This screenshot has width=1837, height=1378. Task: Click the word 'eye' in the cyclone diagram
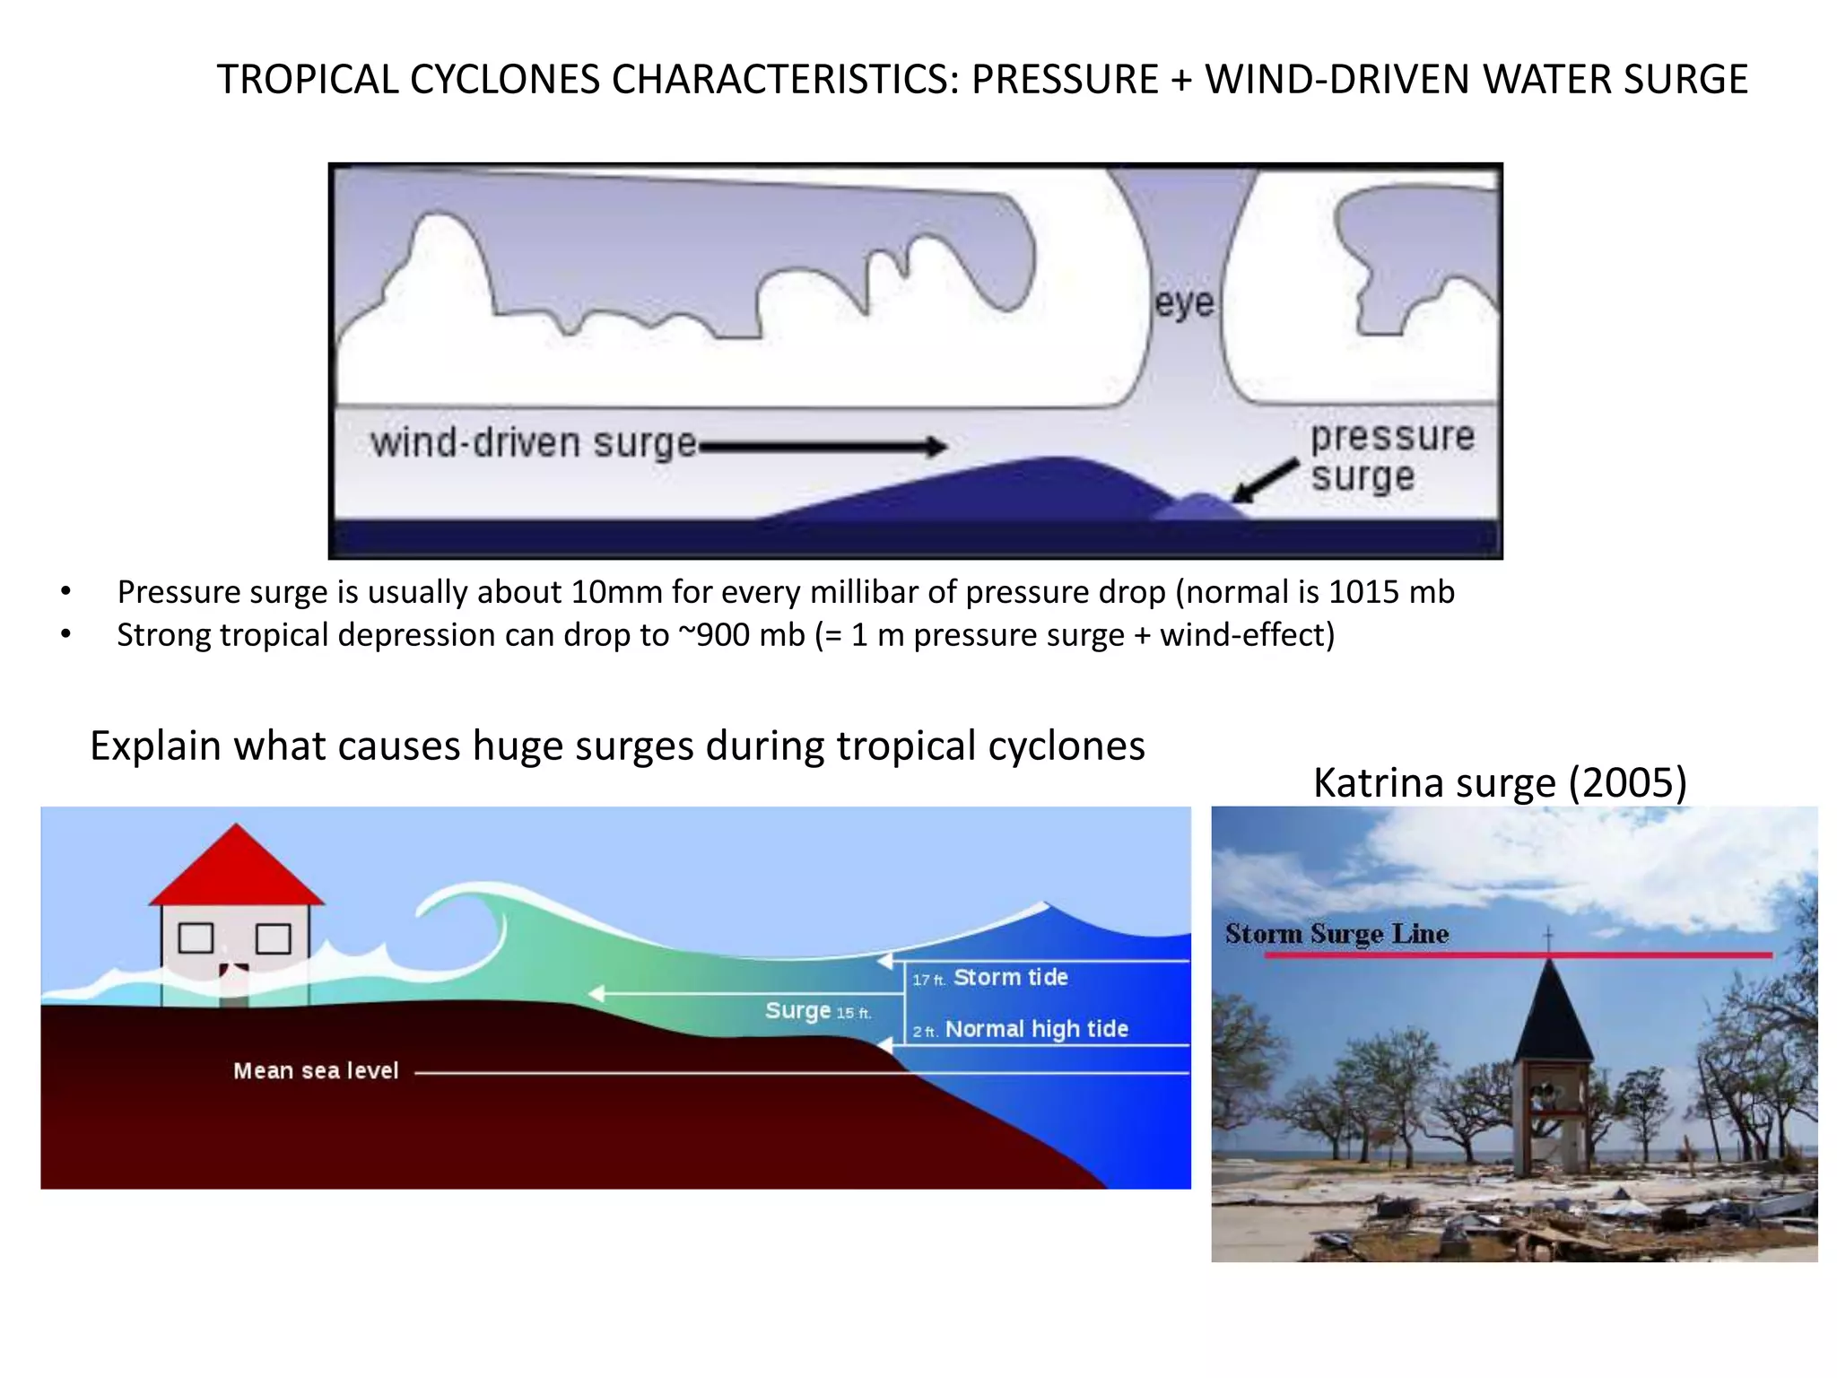coord(1183,303)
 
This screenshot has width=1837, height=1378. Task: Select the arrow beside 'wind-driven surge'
coord(823,446)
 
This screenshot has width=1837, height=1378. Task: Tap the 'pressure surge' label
coord(1391,456)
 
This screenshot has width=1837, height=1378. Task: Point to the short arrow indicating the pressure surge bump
coord(1265,480)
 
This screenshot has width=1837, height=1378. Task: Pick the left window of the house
coord(196,938)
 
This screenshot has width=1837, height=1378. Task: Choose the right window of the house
coord(274,938)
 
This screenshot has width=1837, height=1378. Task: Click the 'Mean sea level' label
coord(316,1070)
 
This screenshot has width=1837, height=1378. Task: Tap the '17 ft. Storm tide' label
coord(990,977)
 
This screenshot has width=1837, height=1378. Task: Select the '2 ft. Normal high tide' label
coord(1021,1029)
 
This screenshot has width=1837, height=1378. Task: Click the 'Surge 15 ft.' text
coord(817,1011)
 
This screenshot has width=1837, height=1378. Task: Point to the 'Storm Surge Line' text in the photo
coord(1336,934)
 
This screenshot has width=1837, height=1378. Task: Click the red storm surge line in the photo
coord(1435,955)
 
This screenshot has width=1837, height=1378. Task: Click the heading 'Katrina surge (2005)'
coord(1500,782)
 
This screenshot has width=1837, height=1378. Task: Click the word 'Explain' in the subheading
coord(155,746)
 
